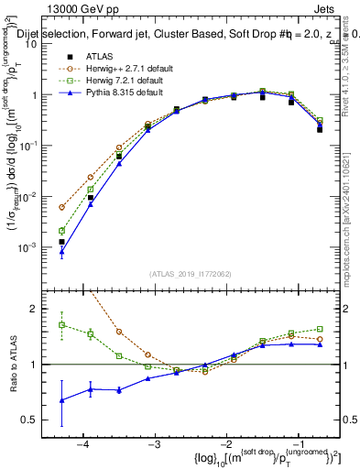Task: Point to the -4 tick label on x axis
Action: (83, 444)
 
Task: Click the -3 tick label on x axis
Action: (155, 444)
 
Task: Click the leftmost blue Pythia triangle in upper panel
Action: (61, 252)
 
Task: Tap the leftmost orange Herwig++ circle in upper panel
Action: (61, 208)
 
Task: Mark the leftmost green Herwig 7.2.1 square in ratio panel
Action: (61, 324)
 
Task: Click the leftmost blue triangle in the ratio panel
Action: (61, 400)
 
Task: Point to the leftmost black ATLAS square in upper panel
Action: (61, 242)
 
